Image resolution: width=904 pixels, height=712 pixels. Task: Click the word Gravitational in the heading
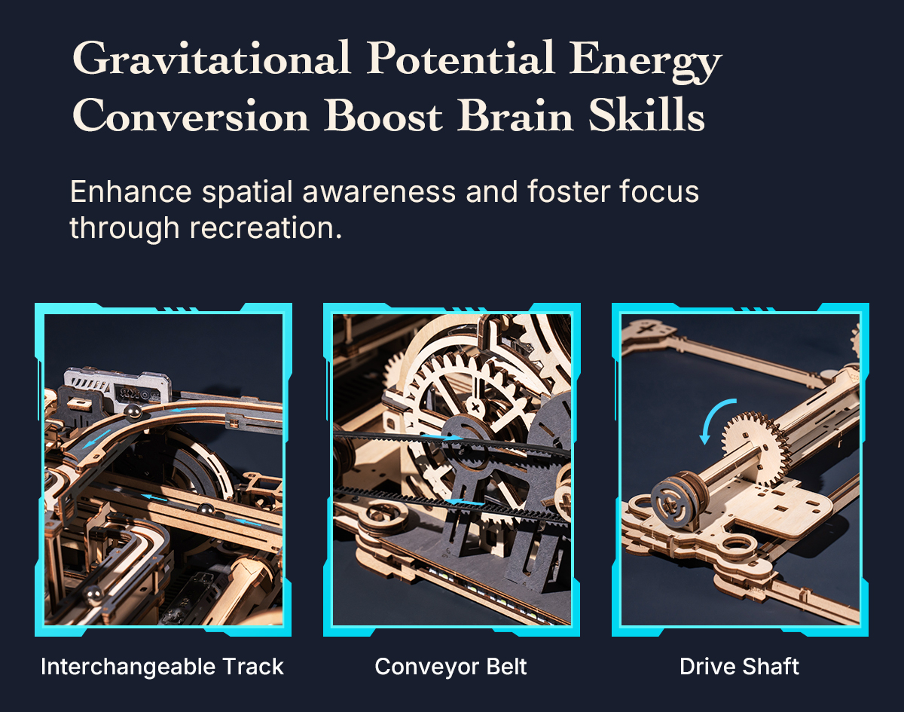coord(211,59)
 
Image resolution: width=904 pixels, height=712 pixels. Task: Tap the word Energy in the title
coord(646,63)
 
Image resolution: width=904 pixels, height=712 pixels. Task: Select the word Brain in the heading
coord(515,115)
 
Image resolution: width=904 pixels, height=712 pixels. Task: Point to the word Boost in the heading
coord(383,115)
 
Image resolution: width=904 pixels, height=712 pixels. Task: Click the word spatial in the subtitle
coord(247,193)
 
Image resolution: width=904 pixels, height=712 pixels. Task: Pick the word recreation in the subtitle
coord(265,228)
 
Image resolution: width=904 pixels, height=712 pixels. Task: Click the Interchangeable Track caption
coord(163,667)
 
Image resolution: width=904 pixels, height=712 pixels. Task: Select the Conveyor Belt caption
coord(450,667)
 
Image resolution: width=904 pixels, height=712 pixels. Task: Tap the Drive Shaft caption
coord(739,667)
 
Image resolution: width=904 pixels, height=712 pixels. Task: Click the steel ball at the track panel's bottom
coord(93,594)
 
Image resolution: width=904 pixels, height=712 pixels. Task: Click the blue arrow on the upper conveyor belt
coord(442,438)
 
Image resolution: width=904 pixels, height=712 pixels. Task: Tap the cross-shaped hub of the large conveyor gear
coord(475,407)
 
